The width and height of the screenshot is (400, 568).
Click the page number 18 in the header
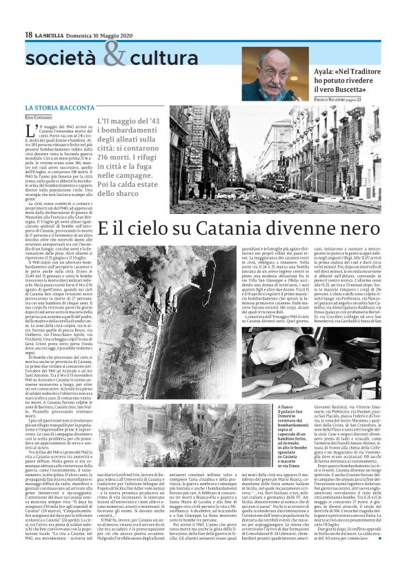pyautogui.click(x=29, y=34)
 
